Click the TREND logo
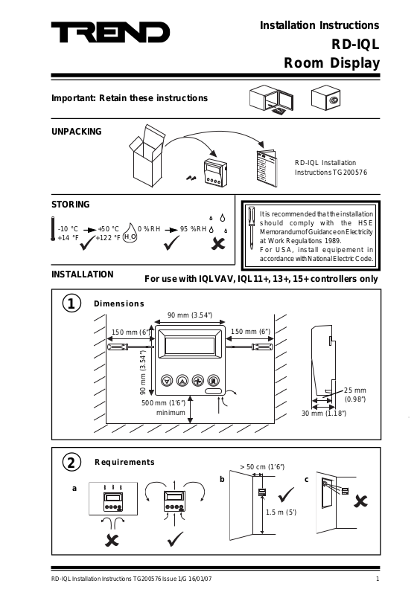110,32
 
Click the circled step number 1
71,303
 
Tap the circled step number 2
71,463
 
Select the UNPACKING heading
77,132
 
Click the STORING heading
70,205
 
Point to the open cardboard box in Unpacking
147,155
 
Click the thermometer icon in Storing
53,228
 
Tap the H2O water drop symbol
130,233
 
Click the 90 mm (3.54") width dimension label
190,315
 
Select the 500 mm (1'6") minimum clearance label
164,408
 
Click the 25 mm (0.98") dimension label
355,395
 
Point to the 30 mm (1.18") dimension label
324,414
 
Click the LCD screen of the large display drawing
190,345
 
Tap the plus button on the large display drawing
198,380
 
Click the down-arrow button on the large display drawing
167,380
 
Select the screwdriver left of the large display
130,347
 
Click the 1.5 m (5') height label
281,512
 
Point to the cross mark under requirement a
112,540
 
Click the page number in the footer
378,579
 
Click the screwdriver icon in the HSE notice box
251,228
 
